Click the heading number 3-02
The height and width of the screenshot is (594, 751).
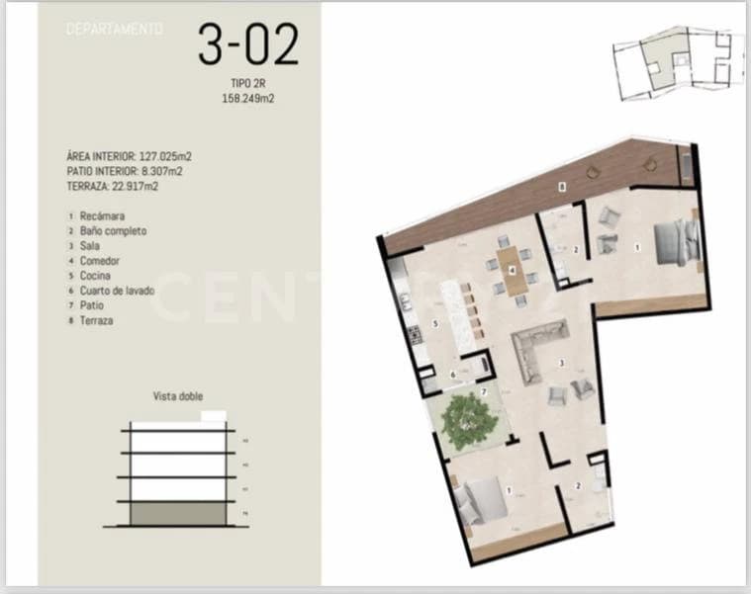pos(247,44)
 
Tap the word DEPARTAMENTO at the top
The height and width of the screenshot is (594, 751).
pos(115,30)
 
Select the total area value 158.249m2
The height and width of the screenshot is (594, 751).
pos(246,99)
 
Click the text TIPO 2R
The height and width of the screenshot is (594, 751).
pos(247,86)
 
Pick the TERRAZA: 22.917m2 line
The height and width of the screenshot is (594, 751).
pos(112,185)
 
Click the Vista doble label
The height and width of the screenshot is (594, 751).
pos(178,396)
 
